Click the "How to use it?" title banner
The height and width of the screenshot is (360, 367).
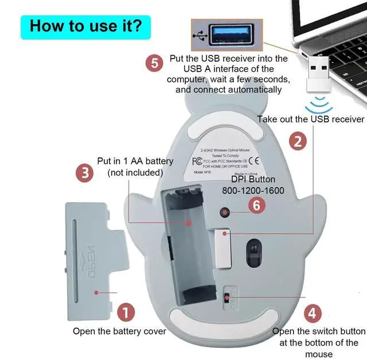(85, 26)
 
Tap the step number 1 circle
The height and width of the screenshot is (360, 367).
(126, 312)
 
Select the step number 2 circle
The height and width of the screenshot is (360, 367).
(296, 141)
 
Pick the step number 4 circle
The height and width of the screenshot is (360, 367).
(311, 313)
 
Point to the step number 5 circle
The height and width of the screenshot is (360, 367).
(154, 63)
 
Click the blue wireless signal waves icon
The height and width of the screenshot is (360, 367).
(319, 106)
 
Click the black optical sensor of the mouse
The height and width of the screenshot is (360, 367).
(252, 250)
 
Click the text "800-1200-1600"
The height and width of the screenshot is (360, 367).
(253, 190)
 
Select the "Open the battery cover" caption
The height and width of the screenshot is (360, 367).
(119, 331)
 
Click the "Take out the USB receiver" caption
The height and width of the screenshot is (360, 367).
(310, 119)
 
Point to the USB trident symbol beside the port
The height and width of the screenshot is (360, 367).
(200, 35)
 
